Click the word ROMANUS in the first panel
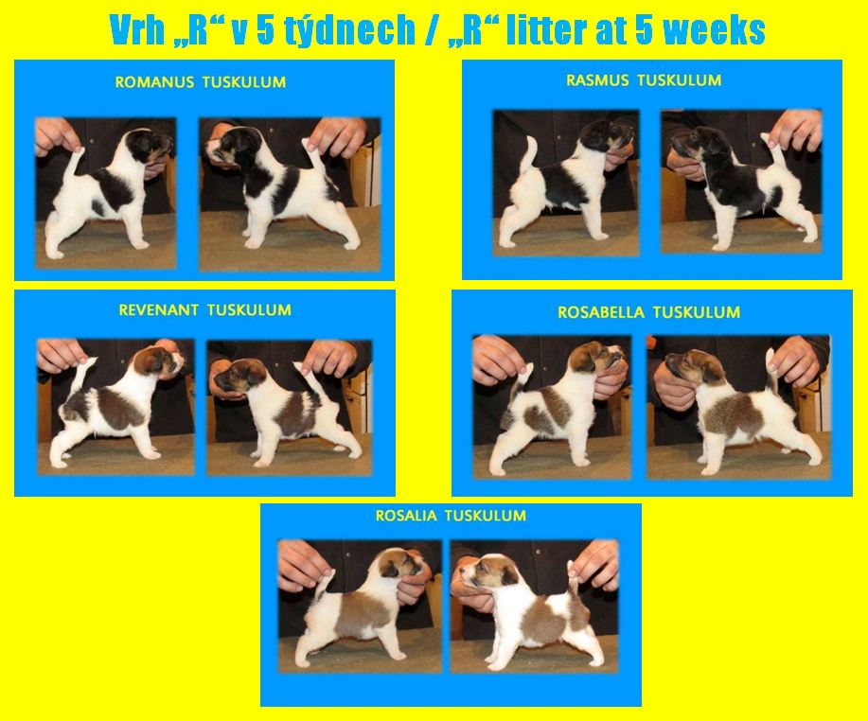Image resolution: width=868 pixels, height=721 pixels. [154, 82]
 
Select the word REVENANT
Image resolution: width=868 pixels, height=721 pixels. [159, 309]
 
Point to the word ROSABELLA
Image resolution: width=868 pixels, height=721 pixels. [601, 312]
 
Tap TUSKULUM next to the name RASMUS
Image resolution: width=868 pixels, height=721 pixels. [680, 80]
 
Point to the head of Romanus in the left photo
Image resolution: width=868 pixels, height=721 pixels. [148, 146]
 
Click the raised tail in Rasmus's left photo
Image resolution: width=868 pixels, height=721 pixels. [530, 155]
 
